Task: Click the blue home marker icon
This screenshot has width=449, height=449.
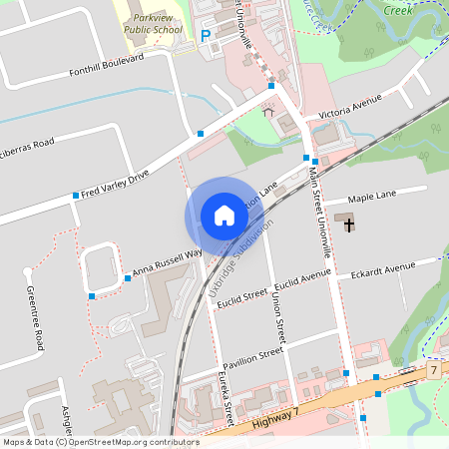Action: tap(224, 216)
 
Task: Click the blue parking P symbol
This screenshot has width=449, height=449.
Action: tap(207, 35)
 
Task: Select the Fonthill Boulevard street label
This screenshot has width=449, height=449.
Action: tap(107, 65)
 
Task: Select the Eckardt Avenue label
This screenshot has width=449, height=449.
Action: tap(376, 269)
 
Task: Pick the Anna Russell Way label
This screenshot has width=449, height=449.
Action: tap(167, 261)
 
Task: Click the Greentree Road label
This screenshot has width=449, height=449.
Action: tap(36, 317)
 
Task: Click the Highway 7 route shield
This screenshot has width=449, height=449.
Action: tap(435, 370)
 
